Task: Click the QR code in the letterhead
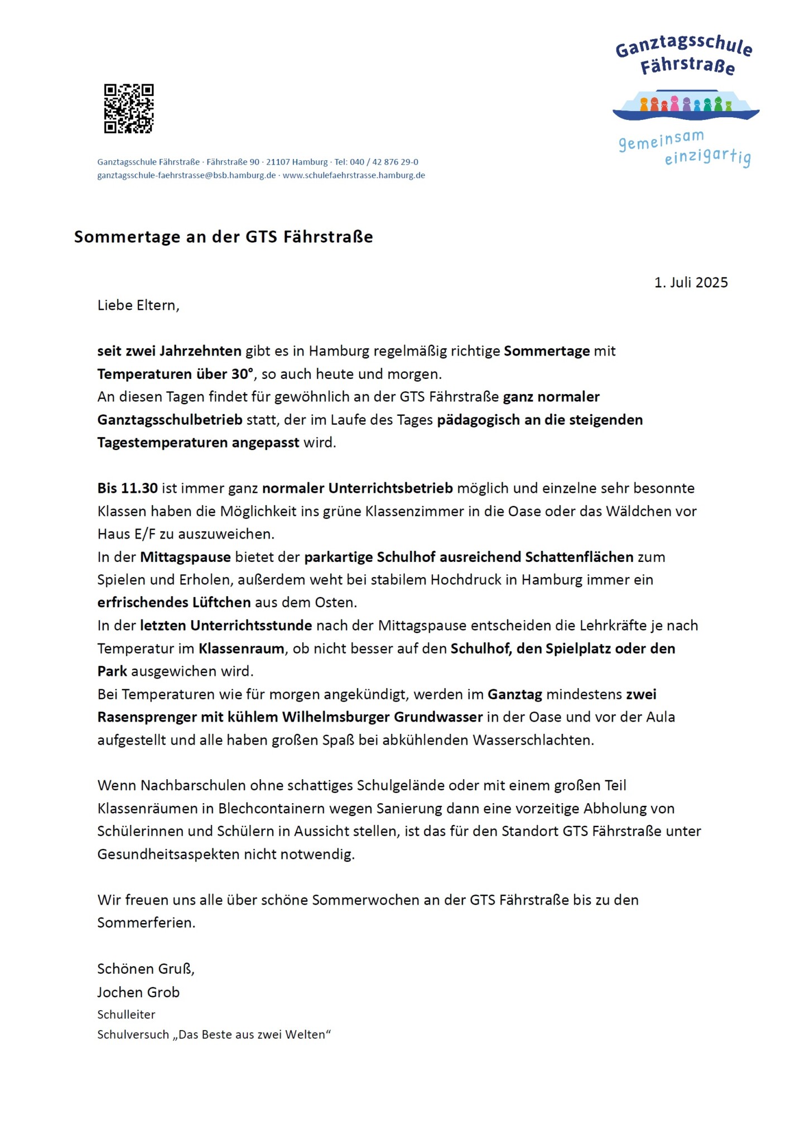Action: pyautogui.click(x=128, y=109)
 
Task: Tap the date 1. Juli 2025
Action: pyautogui.click(x=691, y=282)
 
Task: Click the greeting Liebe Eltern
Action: pyautogui.click(x=138, y=305)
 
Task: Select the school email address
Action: pyautogui.click(x=186, y=175)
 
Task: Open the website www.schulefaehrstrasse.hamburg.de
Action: pyautogui.click(x=354, y=175)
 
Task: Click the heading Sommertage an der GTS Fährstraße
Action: pyautogui.click(x=223, y=237)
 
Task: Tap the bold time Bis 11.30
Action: pyautogui.click(x=127, y=488)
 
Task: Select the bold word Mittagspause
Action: pyautogui.click(x=185, y=557)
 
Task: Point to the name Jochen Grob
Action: pyautogui.click(x=138, y=992)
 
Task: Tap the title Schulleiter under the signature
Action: pyautogui.click(x=126, y=1015)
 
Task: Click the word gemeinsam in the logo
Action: pyautogui.click(x=661, y=140)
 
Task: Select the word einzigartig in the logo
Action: pyautogui.click(x=707, y=157)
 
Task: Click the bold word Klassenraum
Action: pyautogui.click(x=242, y=649)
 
